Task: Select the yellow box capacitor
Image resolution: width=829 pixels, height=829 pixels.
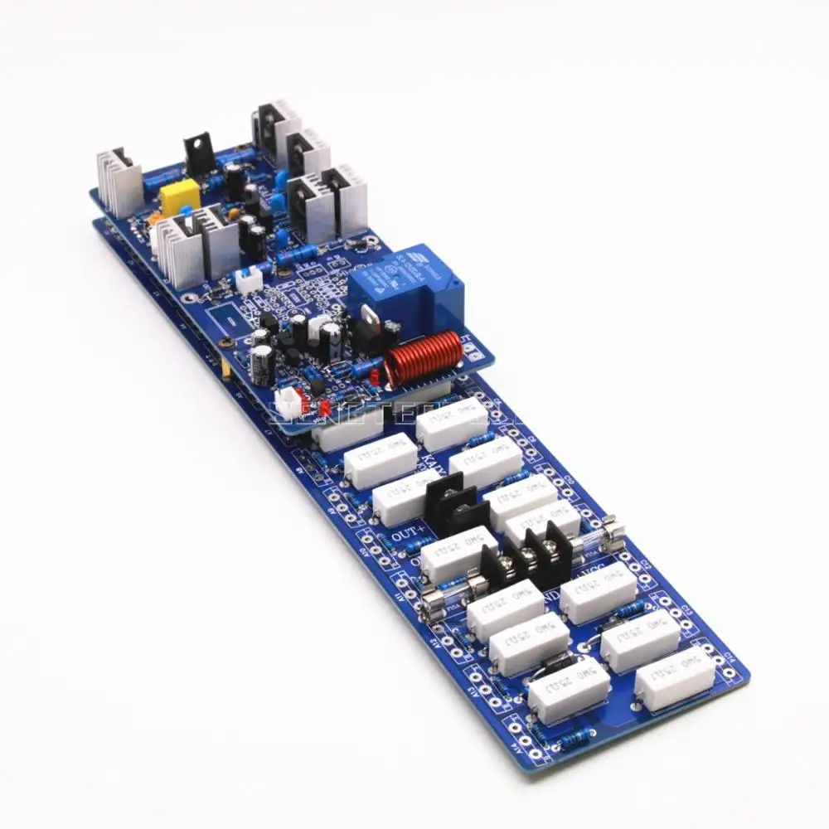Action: pos(180,199)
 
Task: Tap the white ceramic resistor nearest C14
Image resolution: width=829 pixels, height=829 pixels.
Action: pos(676,678)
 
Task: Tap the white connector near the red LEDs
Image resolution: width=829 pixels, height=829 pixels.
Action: pos(287,404)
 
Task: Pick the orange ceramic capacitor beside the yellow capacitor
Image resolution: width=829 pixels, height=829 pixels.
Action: pos(156,222)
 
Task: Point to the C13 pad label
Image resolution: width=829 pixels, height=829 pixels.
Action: pos(686,612)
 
